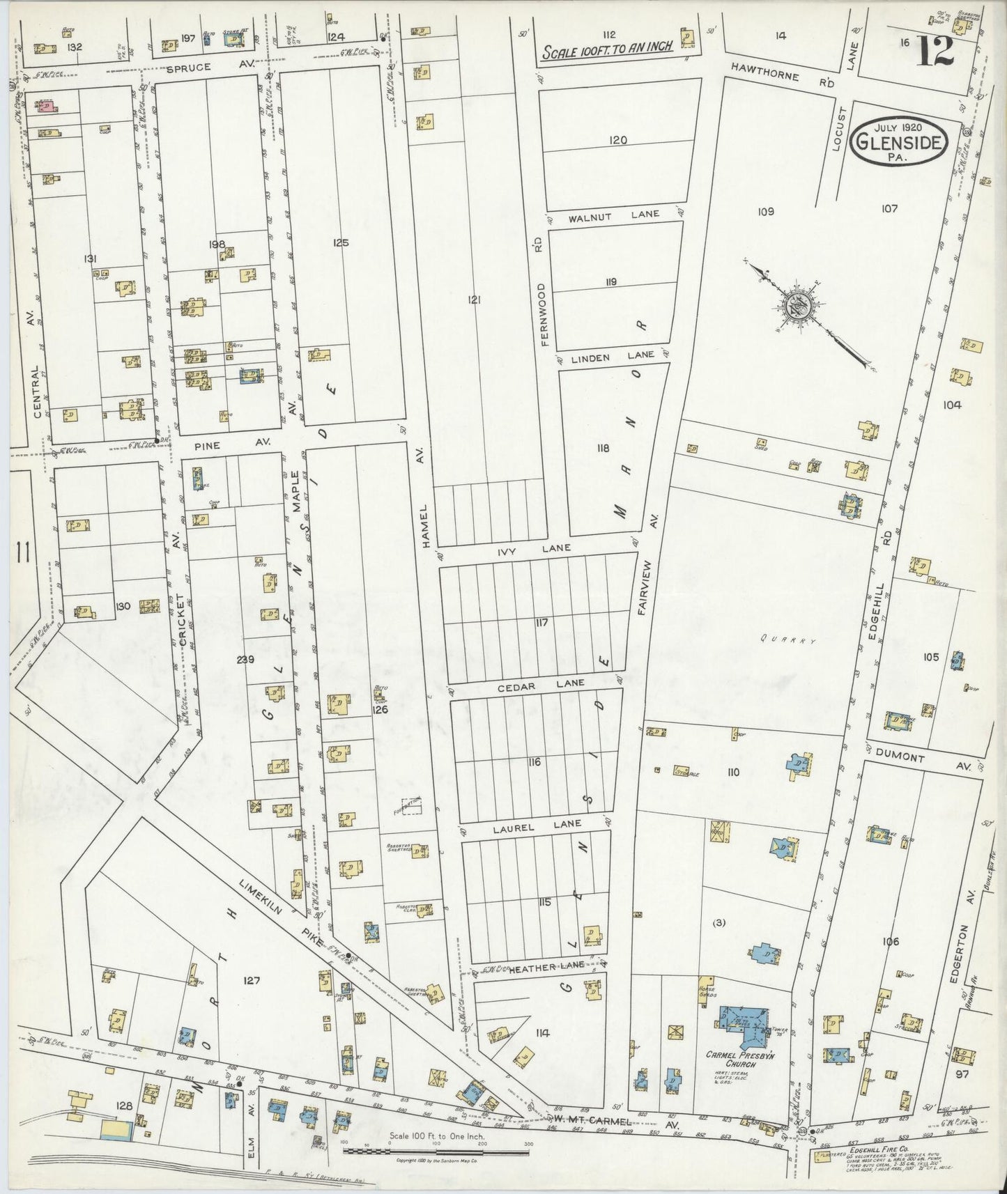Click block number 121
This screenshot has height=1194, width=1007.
click(x=474, y=300)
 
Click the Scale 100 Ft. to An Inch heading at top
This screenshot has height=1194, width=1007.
click(x=607, y=47)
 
